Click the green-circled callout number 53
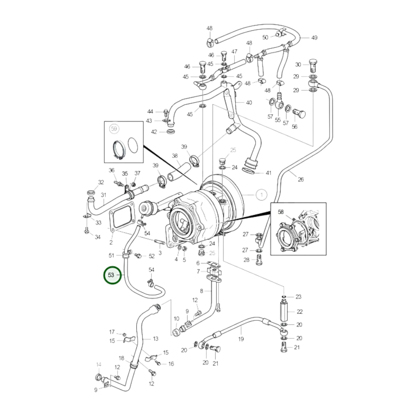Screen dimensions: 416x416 coord(111,275)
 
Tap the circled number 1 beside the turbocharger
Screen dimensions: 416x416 coord(261,195)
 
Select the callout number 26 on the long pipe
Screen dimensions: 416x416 coord(301,179)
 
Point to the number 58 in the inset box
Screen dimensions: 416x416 coord(281,212)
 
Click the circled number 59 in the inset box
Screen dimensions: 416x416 coord(114,129)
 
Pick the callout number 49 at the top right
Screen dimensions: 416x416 coord(314,38)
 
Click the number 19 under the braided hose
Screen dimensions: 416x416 coord(241,339)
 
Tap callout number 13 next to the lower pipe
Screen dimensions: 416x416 coord(155,339)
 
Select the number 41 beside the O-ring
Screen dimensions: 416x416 coord(268,173)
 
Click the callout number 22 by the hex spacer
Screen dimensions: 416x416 coord(300,311)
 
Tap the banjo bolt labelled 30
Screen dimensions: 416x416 coord(313,66)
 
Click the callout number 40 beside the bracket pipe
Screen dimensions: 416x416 coord(249,102)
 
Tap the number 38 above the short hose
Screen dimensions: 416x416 coord(175,156)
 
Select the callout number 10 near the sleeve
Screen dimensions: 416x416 coord(176,319)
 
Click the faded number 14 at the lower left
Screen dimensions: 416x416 coord(98,364)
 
